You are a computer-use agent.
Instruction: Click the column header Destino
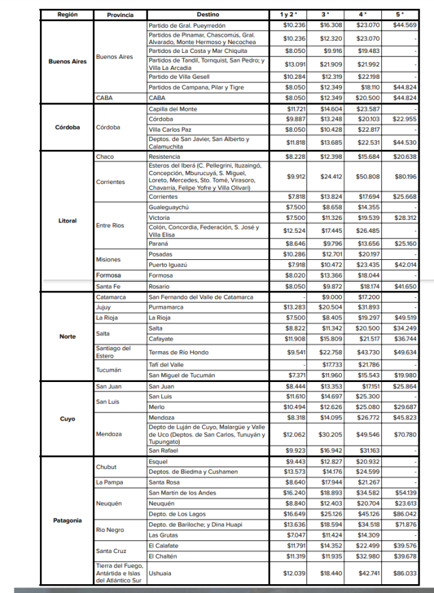tap(208, 14)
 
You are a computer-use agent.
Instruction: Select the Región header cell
tap(67, 14)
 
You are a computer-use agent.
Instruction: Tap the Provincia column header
tap(120, 14)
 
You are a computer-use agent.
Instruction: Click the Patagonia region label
tap(67, 520)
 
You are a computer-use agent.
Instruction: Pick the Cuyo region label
tap(67, 419)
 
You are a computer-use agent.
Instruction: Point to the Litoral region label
tap(67, 221)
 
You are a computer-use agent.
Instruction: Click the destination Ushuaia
tap(161, 573)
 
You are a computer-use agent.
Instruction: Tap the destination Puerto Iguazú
tap(167, 265)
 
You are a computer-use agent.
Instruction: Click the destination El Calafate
tap(164, 546)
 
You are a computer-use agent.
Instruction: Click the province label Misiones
tap(108, 259)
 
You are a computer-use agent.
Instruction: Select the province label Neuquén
tap(109, 503)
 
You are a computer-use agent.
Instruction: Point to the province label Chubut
tap(106, 467)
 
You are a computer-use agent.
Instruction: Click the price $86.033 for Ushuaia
tap(404, 573)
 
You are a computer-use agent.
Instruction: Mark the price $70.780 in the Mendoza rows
tap(404, 434)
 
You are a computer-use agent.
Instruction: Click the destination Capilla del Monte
tap(173, 109)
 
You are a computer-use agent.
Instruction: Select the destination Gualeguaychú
tap(168, 207)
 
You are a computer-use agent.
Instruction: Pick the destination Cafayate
tap(161, 339)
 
